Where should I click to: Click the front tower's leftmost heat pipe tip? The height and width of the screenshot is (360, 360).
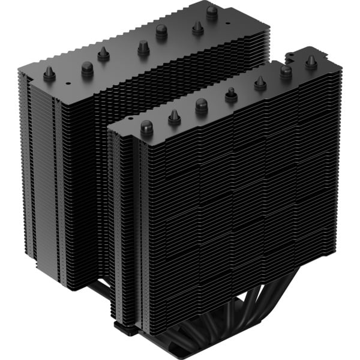(x=146, y=127)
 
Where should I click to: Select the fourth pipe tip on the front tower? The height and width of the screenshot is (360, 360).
(x=231, y=94)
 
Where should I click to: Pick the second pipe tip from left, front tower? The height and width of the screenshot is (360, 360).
(x=175, y=116)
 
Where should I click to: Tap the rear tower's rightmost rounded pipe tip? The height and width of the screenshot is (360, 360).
(x=212, y=11)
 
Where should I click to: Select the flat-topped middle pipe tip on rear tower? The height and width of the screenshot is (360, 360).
(x=143, y=47)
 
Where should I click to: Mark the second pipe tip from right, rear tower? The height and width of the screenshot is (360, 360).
(x=197, y=28)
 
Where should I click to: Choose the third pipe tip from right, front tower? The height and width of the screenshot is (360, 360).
(x=260, y=83)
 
